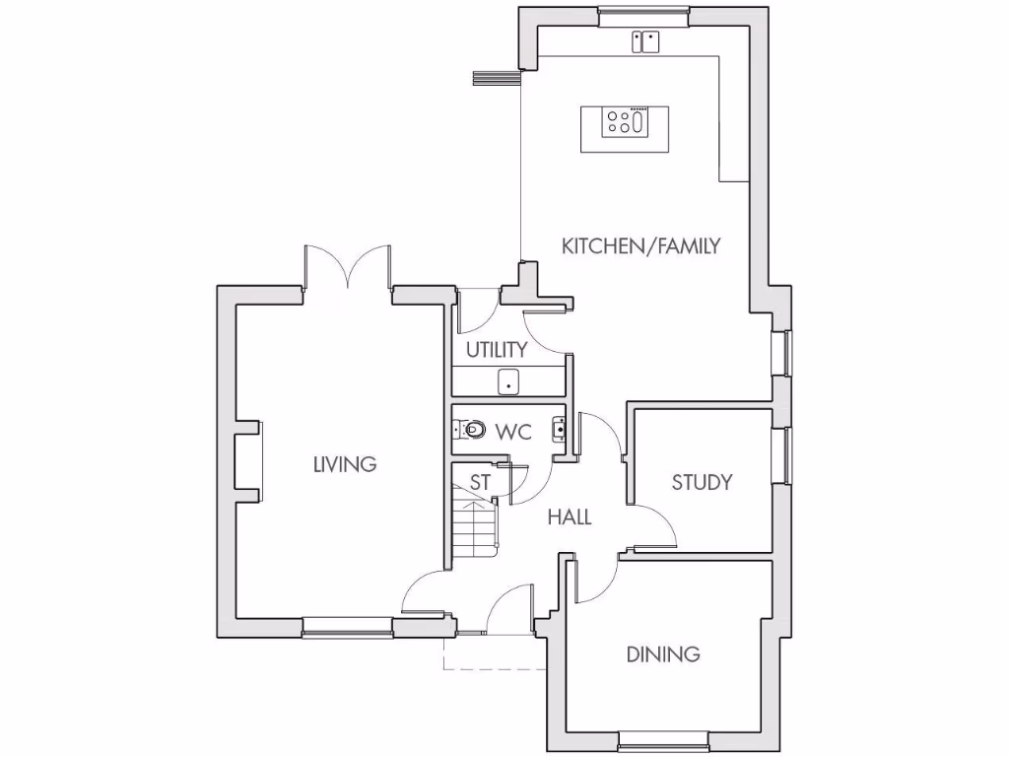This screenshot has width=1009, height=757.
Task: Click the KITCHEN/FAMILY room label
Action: click(x=640, y=245)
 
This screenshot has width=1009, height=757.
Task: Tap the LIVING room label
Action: click(x=345, y=463)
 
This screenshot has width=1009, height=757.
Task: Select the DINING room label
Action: click(x=663, y=654)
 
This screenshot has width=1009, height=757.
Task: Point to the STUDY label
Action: click(x=702, y=482)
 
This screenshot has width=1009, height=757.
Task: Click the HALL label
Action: click(x=570, y=516)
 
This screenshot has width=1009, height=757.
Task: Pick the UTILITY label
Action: click(x=497, y=350)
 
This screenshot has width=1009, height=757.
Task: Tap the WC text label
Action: click(x=514, y=432)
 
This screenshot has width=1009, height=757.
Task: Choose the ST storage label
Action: click(x=480, y=483)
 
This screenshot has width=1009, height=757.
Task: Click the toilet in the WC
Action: click(x=473, y=430)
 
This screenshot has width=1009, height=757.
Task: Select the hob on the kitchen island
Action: click(x=626, y=122)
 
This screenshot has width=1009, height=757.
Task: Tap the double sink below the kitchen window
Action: click(x=646, y=41)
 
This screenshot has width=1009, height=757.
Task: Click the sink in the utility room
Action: click(x=508, y=380)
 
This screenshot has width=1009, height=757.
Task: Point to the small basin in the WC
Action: click(x=559, y=429)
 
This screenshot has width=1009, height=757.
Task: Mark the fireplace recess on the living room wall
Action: click(x=249, y=462)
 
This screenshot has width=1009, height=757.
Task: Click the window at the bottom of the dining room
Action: click(x=664, y=737)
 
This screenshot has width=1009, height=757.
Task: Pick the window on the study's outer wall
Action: click(x=785, y=455)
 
